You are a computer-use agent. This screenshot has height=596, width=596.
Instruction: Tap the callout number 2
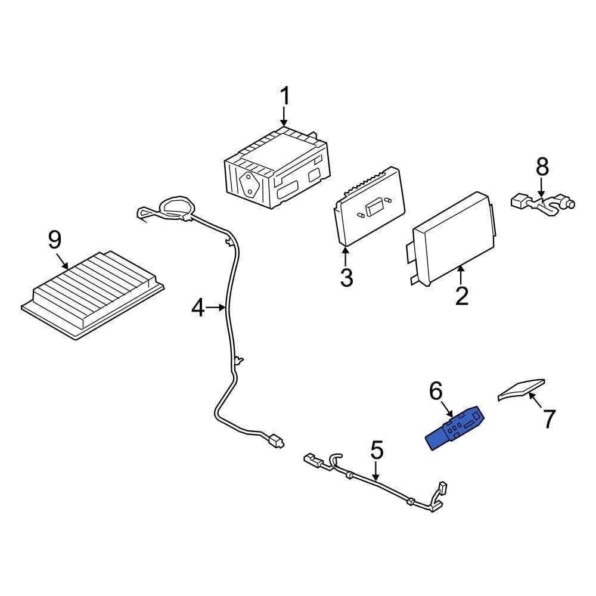click(462, 296)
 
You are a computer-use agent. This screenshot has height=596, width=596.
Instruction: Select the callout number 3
click(346, 277)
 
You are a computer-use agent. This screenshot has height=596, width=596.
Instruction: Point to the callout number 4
click(198, 308)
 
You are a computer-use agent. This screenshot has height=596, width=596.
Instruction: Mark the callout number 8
click(542, 167)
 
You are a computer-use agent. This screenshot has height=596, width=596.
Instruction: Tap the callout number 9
click(54, 240)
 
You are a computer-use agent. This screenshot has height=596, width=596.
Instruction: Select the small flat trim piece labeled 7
click(521, 389)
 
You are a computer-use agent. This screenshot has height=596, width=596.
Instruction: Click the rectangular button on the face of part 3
click(375, 208)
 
